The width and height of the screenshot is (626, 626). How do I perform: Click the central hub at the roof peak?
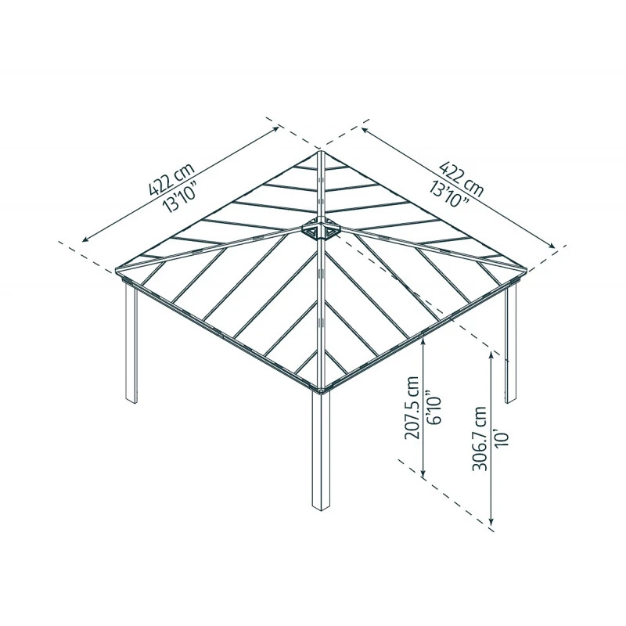(x=321, y=230)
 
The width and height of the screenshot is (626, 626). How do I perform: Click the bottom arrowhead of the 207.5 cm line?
(x=423, y=475)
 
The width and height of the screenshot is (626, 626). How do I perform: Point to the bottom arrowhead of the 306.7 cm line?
(x=491, y=522)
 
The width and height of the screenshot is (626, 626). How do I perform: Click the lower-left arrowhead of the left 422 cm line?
(x=85, y=238)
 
